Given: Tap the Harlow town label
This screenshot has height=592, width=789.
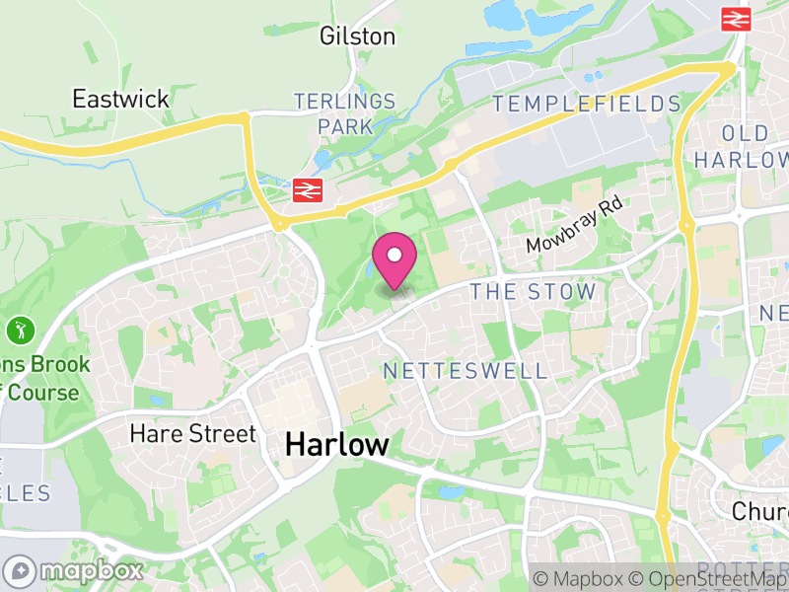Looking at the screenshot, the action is (x=337, y=444).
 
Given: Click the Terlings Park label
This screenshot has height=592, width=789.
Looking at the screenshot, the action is (x=345, y=113).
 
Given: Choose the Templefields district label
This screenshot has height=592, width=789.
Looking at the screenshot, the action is (x=587, y=104).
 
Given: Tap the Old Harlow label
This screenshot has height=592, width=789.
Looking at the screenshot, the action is (x=755, y=146).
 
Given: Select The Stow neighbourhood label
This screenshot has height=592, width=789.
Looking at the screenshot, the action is (x=533, y=291).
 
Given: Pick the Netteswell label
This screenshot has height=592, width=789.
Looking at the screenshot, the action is (x=465, y=371).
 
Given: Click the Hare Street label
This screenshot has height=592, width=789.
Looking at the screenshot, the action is (x=192, y=434).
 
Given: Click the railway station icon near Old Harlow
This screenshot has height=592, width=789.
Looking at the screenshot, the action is (x=736, y=19).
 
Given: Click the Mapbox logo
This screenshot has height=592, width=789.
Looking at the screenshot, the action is (x=74, y=570).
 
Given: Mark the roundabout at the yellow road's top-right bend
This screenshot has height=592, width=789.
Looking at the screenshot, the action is (x=730, y=66).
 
